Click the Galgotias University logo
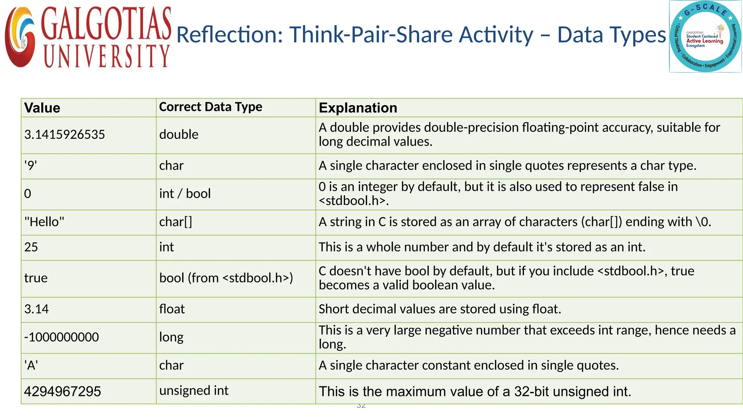click(x=88, y=37)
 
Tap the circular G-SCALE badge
click(x=705, y=37)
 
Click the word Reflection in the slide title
click(x=229, y=35)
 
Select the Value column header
click(x=42, y=108)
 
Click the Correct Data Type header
click(x=210, y=107)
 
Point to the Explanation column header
click(x=358, y=108)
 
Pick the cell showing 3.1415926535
click(x=65, y=135)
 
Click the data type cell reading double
click(x=179, y=135)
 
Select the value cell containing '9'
click(x=30, y=166)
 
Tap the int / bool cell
click(x=185, y=194)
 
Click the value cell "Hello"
click(x=44, y=222)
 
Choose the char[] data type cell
click(x=176, y=222)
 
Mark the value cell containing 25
click(x=31, y=247)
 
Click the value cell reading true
click(x=36, y=278)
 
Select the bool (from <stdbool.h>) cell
click(x=226, y=278)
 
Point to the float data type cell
click(x=172, y=309)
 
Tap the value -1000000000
click(x=61, y=337)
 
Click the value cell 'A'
click(x=31, y=365)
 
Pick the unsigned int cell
click(x=194, y=391)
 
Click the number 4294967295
click(x=62, y=392)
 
